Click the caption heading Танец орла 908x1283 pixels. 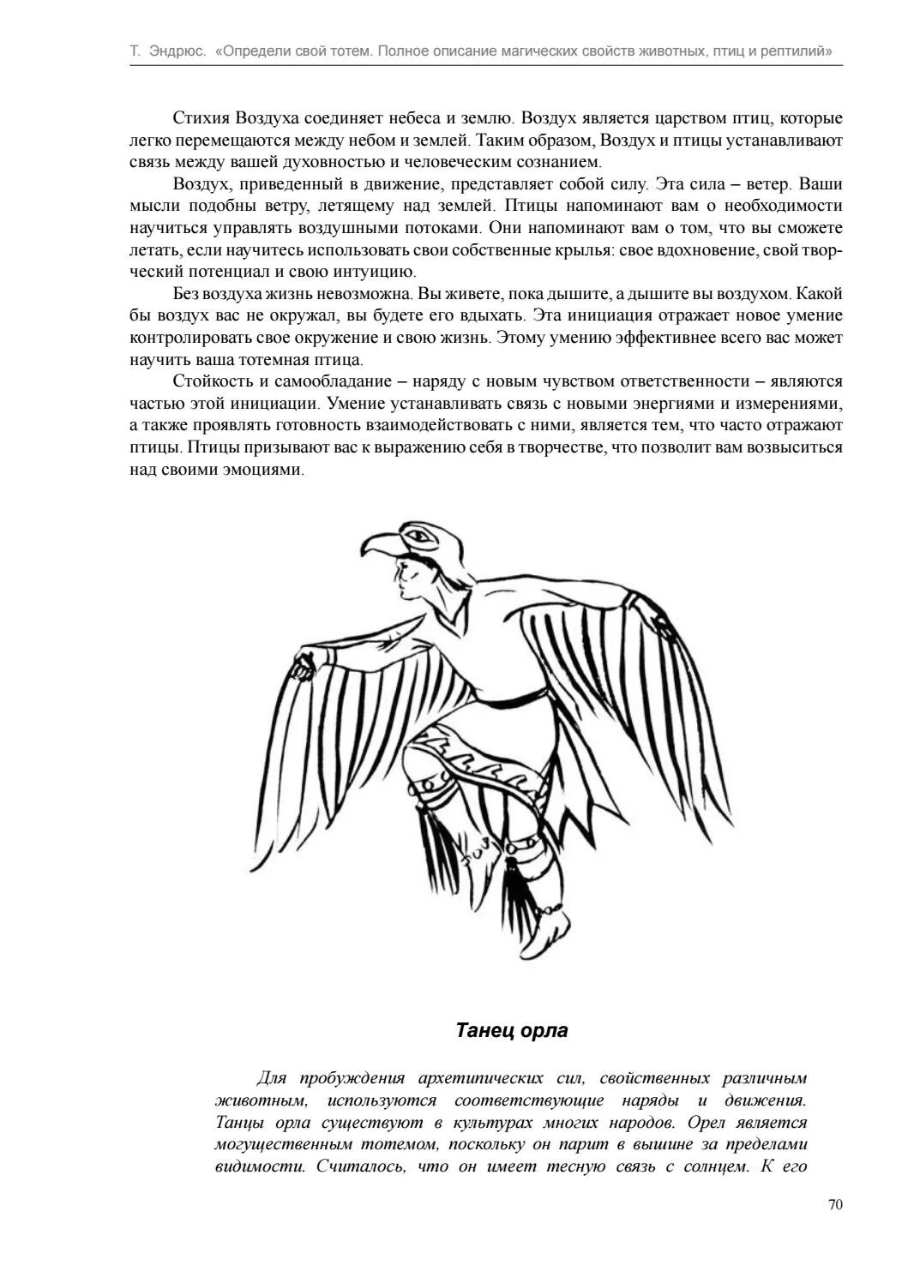[x=511, y=1029]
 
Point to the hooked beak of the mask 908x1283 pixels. [x=375, y=546]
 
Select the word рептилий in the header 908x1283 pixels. [x=800, y=51]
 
